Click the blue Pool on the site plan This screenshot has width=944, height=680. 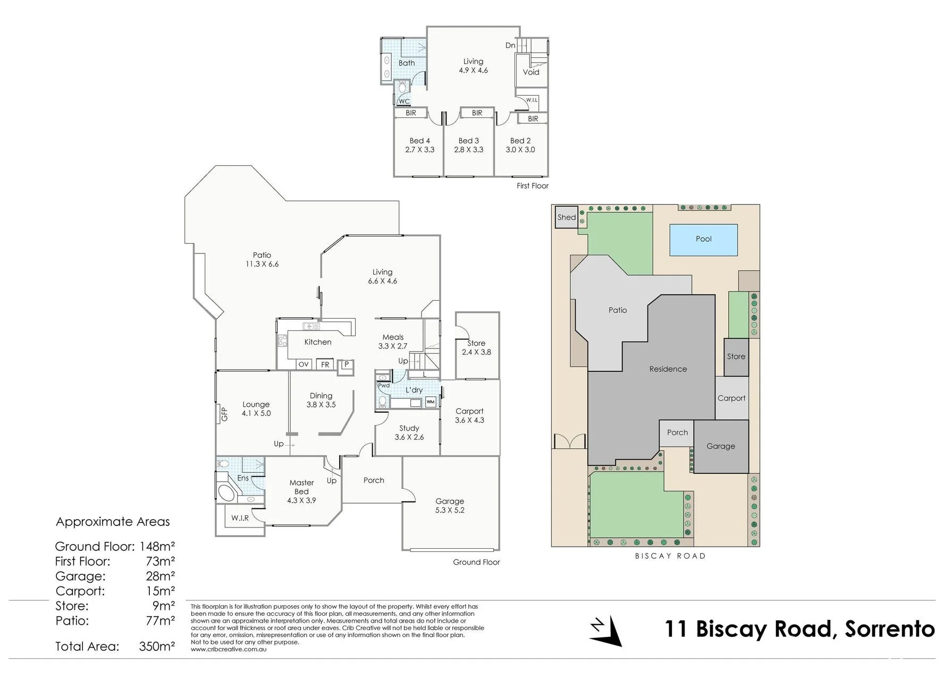click(703, 240)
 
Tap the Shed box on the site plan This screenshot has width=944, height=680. click(567, 217)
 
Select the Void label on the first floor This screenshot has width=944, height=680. click(531, 72)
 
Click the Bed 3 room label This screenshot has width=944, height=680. click(469, 141)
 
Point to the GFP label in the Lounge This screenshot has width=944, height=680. click(224, 414)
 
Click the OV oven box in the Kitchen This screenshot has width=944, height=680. click(304, 364)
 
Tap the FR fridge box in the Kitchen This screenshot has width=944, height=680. click(325, 364)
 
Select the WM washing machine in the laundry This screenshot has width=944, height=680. click(431, 402)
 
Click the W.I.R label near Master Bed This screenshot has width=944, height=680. click(240, 517)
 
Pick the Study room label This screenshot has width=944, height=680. click(409, 428)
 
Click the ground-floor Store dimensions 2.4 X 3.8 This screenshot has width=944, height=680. click(476, 352)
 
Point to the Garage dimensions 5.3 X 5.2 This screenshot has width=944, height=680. click(450, 510)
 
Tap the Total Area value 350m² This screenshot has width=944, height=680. click(157, 647)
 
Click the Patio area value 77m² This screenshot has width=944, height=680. click(161, 620)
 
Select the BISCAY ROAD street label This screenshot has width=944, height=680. click(670, 556)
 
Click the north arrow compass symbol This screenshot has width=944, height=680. click(607, 630)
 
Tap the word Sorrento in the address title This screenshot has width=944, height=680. click(890, 629)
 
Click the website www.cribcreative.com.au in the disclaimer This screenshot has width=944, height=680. click(229, 649)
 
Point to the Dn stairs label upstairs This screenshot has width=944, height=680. click(510, 46)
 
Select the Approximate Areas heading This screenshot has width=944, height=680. click(113, 522)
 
